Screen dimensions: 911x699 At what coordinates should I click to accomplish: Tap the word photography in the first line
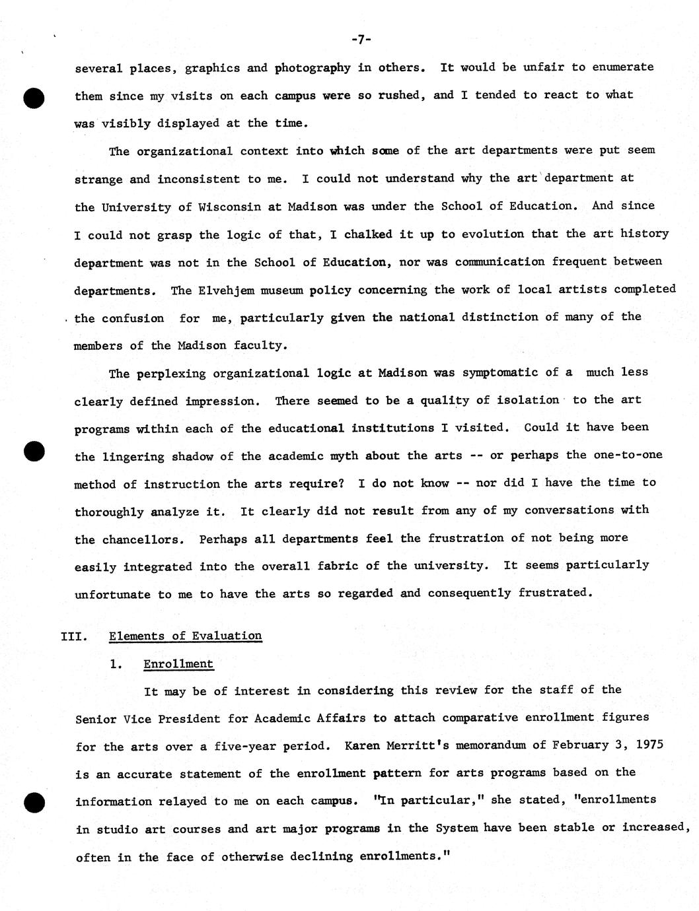point(313,67)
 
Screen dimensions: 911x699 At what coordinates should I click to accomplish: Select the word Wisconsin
point(229,207)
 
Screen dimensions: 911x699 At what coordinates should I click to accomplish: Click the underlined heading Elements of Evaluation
point(185,636)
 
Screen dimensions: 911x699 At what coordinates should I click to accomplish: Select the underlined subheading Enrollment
point(178,664)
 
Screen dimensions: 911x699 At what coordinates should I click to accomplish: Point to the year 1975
point(649,745)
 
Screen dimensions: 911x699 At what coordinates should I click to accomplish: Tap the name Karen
point(362,746)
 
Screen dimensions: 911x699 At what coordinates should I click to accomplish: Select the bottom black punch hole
point(33,802)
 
